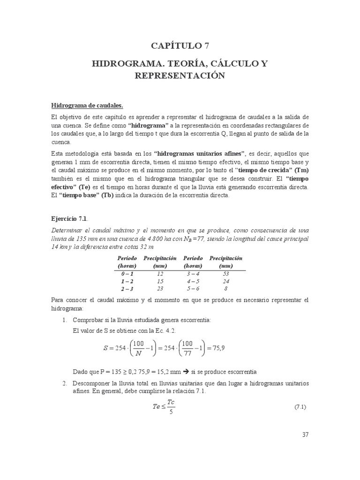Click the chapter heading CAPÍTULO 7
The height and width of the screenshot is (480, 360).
coord(180,45)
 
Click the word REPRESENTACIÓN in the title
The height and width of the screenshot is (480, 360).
coord(180,75)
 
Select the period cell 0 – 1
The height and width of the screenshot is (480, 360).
coord(127,273)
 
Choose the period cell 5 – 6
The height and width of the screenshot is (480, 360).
coord(193,289)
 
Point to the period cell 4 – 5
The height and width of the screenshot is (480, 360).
coord(193,281)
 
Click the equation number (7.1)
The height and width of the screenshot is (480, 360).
coord(300,407)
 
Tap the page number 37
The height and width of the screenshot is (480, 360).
coord(305,435)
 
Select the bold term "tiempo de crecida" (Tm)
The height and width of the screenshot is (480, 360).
coord(272,170)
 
